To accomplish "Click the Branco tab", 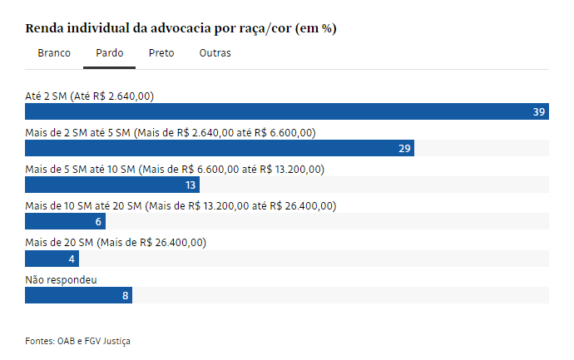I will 54,53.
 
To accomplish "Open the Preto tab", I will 161,53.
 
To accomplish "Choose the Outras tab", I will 215,53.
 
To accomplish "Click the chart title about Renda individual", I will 181,28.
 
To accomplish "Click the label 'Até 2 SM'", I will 89,96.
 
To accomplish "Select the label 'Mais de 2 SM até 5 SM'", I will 171,133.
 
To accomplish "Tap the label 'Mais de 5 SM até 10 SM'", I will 175,170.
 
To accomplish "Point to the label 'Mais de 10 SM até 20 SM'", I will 181,206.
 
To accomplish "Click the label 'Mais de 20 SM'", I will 116,243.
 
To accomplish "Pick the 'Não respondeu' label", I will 62,279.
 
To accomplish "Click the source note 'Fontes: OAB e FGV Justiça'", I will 78,341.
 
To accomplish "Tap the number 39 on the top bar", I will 539,111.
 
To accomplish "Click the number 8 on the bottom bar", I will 125,294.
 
